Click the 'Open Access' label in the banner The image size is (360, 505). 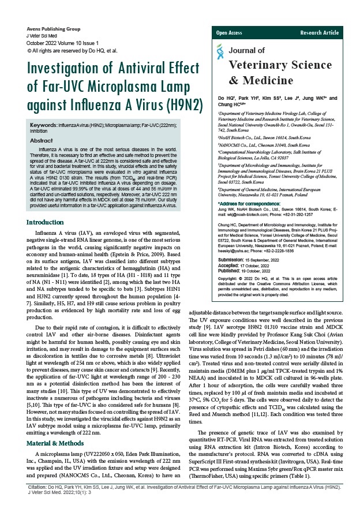coord(229,33)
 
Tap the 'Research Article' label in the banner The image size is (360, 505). coord(320,33)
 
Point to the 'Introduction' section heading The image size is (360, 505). coord(46,174)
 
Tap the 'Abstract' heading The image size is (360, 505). coord(42,140)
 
